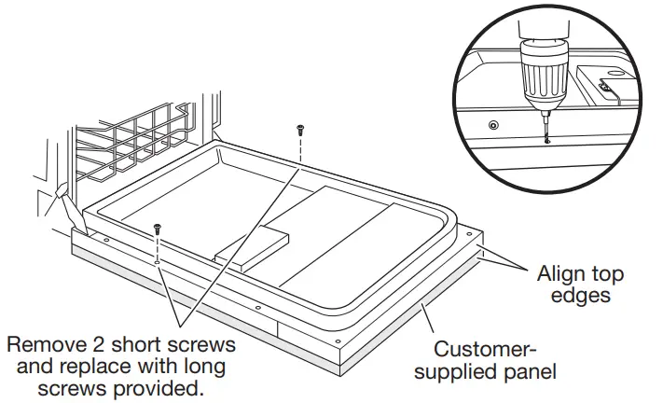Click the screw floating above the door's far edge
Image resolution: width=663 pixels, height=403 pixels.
[300, 130]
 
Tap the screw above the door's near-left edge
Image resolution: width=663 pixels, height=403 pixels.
[158, 228]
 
